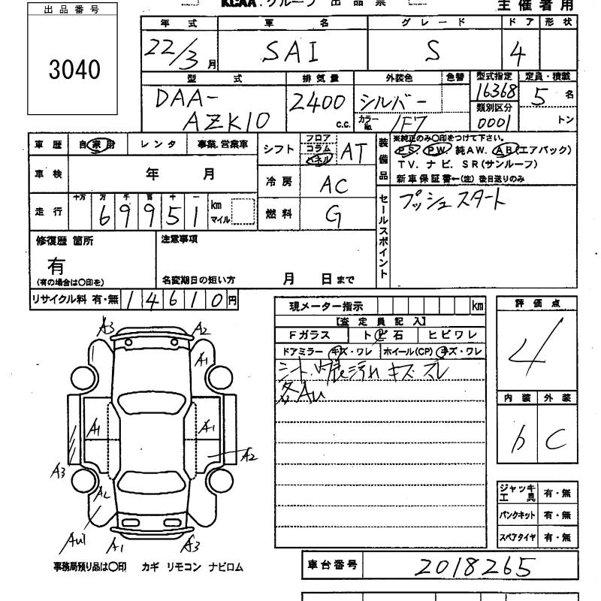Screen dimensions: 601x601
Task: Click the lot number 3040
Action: pos(73,70)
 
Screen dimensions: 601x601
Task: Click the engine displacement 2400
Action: pos(316,101)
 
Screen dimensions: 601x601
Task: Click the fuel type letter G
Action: pos(331,215)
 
